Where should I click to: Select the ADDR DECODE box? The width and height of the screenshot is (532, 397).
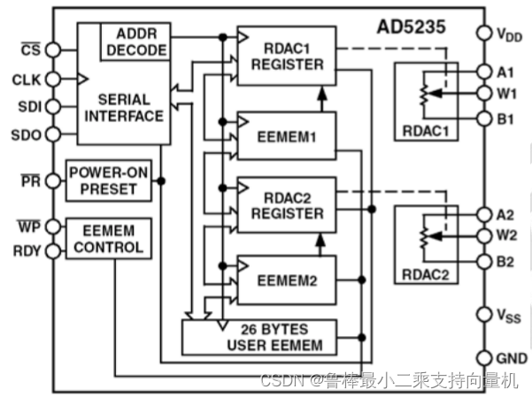(x=135, y=41)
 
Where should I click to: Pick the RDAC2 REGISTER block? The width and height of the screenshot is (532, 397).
(x=287, y=203)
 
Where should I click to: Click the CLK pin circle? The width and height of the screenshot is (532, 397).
(x=53, y=80)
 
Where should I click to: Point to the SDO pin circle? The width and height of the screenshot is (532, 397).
(x=53, y=134)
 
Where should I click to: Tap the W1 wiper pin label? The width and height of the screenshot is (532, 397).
(x=507, y=93)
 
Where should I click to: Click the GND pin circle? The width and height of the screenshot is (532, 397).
(x=483, y=358)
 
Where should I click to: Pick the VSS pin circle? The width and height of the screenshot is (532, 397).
(x=483, y=315)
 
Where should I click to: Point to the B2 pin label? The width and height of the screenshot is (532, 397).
(x=507, y=261)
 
